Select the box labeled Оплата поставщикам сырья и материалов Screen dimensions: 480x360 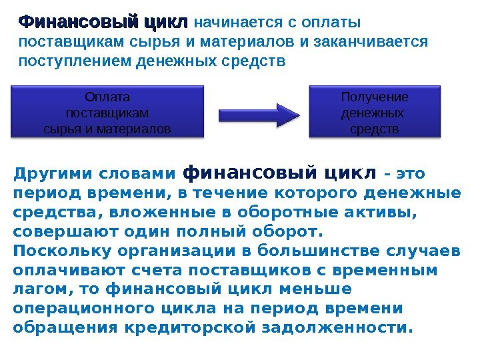pos(107,111)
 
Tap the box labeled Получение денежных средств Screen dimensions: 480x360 pos(375,111)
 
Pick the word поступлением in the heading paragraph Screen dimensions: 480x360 pos(75,62)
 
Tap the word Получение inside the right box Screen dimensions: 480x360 pos(375,97)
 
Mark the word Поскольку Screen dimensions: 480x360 pos(55,251)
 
